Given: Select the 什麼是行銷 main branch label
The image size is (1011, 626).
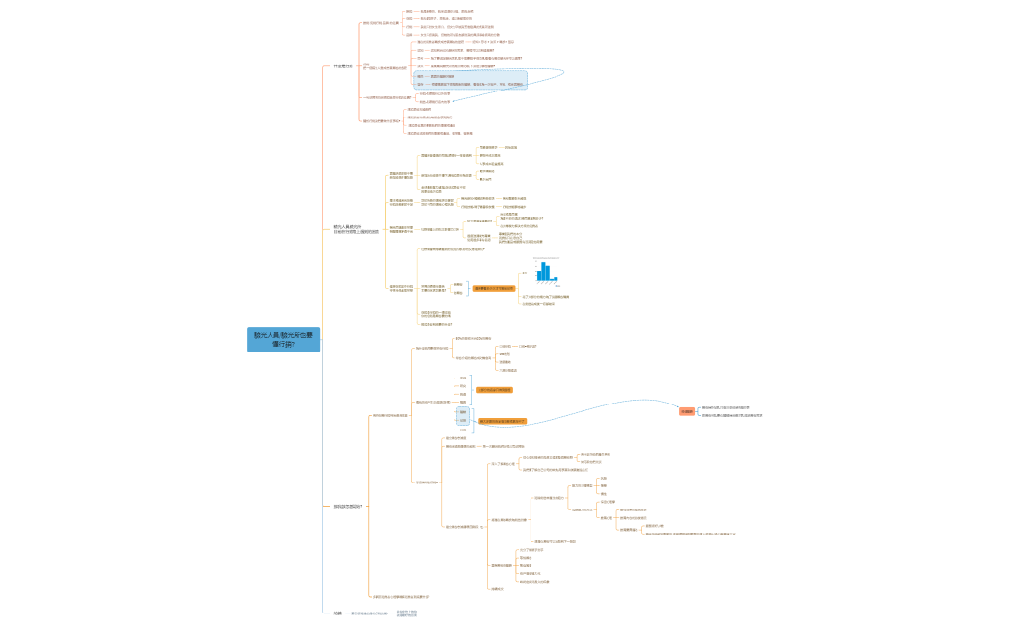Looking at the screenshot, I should tap(343, 66).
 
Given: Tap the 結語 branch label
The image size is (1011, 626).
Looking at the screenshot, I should tap(337, 613).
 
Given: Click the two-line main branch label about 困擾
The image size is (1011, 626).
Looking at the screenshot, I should tap(350, 229).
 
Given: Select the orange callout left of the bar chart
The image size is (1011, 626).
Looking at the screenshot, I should tap(493, 288).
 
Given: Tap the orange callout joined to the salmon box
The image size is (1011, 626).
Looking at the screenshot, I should tap(503, 421).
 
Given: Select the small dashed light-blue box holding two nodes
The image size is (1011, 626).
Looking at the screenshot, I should tap(462, 416).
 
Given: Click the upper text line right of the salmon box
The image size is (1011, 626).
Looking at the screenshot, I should tap(731, 407).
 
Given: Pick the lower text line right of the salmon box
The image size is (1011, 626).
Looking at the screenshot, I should tap(733, 415).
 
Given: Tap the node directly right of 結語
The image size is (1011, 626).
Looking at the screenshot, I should tap(370, 613).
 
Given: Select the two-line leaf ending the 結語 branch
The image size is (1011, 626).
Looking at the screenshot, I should tap(407, 613).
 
